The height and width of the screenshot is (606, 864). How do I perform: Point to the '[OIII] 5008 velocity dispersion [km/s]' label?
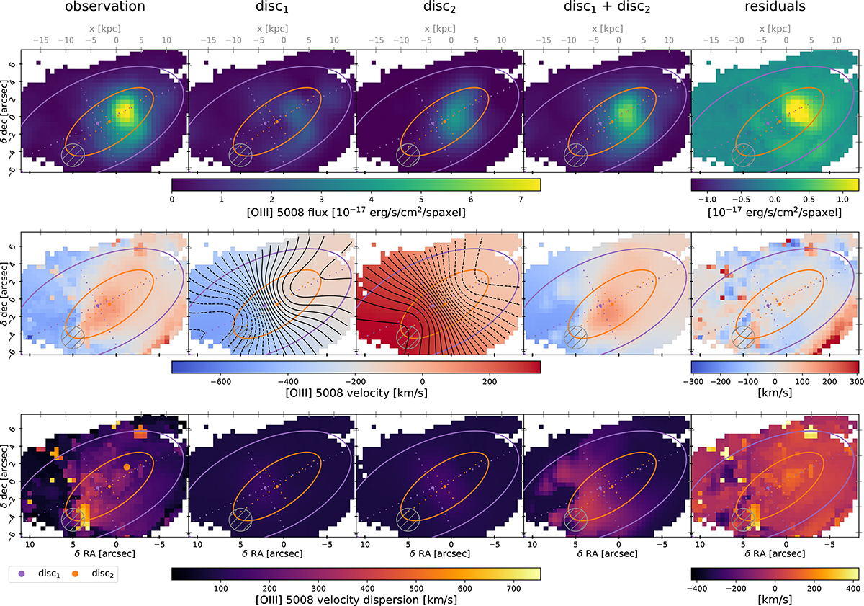356,599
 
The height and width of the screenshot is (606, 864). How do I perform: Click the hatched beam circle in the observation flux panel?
73,153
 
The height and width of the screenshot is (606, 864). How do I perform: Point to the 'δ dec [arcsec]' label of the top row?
6,110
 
